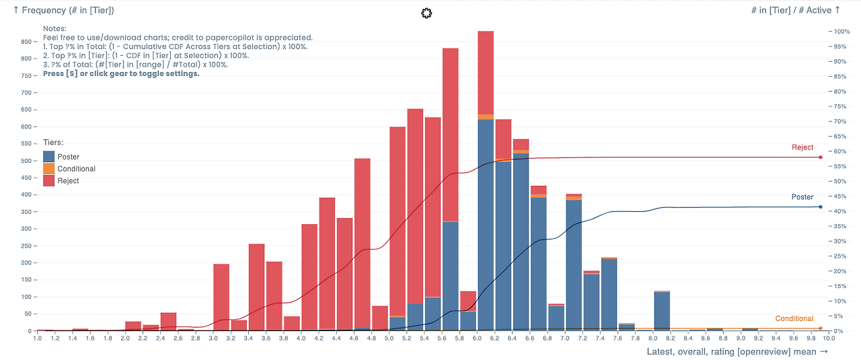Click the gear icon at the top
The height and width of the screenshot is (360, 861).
[x=426, y=13]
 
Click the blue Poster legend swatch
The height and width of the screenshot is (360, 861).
[x=49, y=157]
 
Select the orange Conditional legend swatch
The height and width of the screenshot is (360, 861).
[x=49, y=169]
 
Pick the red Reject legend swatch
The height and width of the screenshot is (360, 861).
[x=49, y=181]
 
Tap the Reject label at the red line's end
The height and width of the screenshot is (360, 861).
[x=802, y=147]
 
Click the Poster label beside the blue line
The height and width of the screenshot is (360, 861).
[x=802, y=197]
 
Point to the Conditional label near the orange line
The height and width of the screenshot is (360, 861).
[x=794, y=318]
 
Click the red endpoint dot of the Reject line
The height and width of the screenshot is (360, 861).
[x=821, y=157]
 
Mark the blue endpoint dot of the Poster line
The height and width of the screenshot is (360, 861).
[x=821, y=207]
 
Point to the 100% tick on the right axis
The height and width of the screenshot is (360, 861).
[x=842, y=32]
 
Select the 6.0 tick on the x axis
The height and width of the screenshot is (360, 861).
[x=477, y=338]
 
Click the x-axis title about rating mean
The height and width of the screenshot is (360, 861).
[x=737, y=351]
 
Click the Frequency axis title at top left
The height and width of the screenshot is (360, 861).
[x=63, y=11]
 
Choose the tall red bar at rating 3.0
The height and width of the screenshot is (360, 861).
[x=221, y=297]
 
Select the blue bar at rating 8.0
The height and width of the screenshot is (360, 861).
[x=662, y=311]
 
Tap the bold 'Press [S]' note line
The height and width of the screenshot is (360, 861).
[x=121, y=74]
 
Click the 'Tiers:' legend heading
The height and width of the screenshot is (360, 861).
[x=53, y=143]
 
